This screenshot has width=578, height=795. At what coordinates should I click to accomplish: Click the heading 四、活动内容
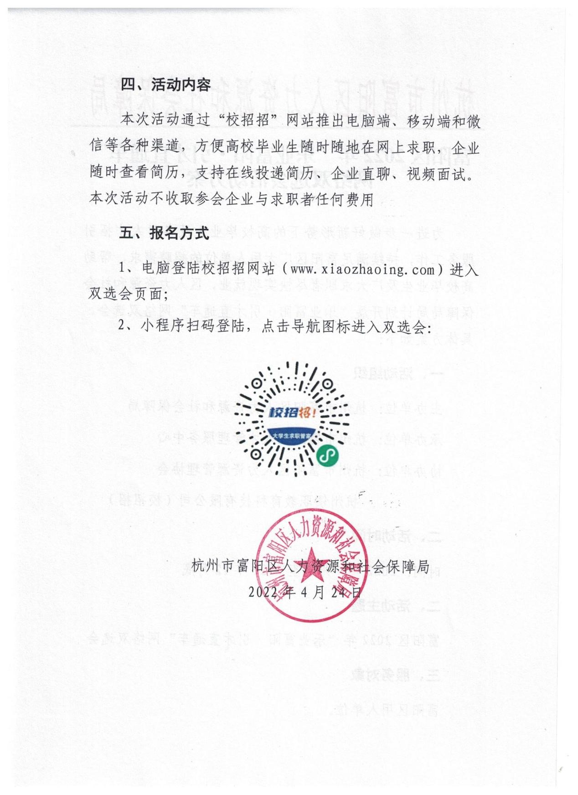pos(165,85)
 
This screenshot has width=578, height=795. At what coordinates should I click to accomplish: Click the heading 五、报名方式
pos(164,233)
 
